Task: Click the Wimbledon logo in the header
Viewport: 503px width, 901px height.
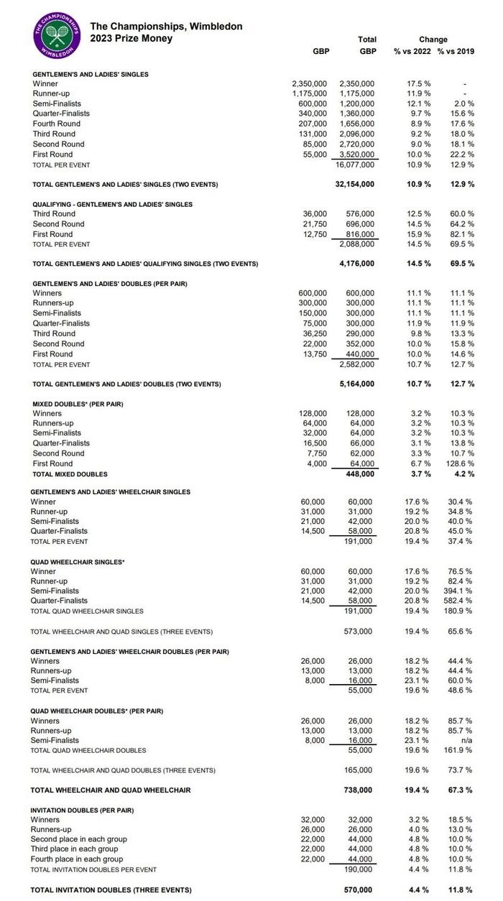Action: pos(55,35)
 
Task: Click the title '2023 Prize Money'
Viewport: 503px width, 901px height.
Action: pos(131,38)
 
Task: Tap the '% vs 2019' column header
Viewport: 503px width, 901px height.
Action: pos(456,52)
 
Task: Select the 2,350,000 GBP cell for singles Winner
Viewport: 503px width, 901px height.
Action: pos(309,84)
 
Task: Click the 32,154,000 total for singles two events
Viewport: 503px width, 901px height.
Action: pos(355,185)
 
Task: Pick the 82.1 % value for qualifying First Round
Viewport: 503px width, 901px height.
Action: pos(461,234)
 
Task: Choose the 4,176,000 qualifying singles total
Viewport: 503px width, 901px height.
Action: pos(358,264)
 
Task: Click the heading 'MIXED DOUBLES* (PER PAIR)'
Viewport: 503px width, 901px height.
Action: pos(78,404)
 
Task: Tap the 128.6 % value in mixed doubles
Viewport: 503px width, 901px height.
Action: pos(459,464)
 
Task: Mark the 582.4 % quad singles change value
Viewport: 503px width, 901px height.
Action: pos(459,601)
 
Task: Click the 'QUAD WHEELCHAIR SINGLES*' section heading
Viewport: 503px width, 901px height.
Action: pos(78,562)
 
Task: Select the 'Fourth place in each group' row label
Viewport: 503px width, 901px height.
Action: pos(77,859)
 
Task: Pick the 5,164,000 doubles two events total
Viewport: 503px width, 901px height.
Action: pos(358,384)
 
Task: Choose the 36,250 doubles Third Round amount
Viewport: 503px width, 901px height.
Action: pos(313,333)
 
